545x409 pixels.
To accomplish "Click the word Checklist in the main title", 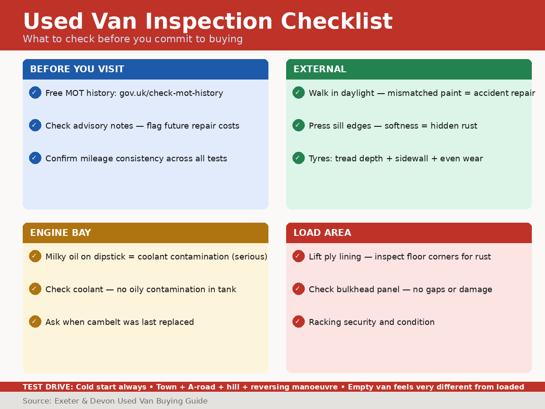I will (337, 22).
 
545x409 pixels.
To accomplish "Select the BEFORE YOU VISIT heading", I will (77, 70).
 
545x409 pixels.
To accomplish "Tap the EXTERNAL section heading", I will (320, 70).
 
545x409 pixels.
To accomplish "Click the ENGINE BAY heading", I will (60, 233).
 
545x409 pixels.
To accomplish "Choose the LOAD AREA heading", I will (322, 233).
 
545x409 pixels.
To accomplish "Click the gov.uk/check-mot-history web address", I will (171, 93).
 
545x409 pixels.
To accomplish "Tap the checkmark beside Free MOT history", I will (35, 93).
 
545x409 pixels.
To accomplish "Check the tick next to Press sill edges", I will (298, 125).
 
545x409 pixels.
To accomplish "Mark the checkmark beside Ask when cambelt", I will (35, 322).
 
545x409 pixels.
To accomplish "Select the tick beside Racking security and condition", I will (298, 322).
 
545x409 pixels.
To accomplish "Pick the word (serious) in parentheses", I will (249, 257).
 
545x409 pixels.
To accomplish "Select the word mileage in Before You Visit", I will (97, 159).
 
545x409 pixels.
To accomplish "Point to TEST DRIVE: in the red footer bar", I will (48, 387).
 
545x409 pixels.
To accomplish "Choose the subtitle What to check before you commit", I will (133, 39).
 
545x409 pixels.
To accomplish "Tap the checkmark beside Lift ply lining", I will (298, 256).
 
